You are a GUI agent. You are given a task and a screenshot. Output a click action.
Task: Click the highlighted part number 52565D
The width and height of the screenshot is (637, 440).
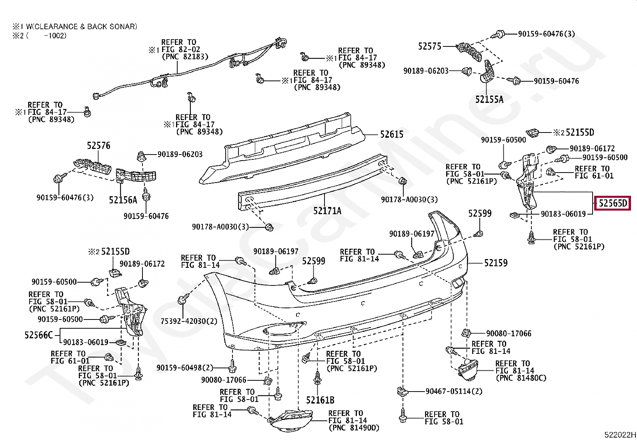click(613, 203)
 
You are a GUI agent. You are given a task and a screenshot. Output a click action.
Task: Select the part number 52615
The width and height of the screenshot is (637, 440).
click(392, 135)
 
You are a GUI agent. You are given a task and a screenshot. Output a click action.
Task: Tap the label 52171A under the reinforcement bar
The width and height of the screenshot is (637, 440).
click(327, 211)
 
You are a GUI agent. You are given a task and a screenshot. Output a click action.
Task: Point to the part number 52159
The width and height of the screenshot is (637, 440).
click(496, 263)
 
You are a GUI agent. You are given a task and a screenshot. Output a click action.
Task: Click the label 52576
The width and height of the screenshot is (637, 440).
click(98, 146)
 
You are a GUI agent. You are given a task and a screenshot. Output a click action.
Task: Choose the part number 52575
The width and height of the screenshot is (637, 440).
click(429, 46)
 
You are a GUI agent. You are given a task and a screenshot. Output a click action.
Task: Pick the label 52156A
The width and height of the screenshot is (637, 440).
click(123, 200)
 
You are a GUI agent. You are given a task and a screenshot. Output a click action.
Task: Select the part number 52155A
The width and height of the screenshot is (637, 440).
click(489, 99)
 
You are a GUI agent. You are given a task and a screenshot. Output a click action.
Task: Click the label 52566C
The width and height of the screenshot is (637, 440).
click(39, 335)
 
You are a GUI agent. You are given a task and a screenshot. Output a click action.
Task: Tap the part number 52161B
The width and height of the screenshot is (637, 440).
click(320, 400)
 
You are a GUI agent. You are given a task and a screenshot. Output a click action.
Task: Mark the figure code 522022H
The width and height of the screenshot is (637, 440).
click(620, 435)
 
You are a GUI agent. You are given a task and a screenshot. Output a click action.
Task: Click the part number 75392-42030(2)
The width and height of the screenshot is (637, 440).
click(189, 321)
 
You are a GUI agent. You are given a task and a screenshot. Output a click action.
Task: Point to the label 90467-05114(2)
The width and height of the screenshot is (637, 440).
click(454, 391)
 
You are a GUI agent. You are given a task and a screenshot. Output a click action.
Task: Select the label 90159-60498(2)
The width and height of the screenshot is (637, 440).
click(184, 368)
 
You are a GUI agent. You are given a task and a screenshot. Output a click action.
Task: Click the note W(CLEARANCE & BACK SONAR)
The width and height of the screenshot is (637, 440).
click(82, 26)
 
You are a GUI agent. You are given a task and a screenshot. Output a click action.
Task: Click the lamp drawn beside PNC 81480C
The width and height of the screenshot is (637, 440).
click(468, 370)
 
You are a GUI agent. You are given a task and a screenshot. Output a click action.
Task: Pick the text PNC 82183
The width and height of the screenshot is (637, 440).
click(185, 56)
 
